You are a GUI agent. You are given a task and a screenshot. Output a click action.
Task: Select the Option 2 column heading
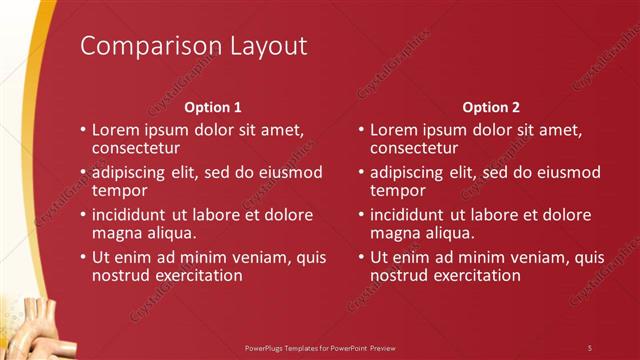coord(492,107)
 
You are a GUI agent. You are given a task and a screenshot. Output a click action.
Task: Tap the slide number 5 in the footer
coord(590,347)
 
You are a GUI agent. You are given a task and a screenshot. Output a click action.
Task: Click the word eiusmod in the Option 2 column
coord(566,173)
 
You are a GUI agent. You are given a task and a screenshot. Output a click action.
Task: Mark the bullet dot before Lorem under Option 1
coord(83,131)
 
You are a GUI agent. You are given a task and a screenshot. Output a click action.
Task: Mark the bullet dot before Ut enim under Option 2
coord(361,257)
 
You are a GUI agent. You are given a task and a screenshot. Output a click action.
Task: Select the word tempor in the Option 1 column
coord(119,190)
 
